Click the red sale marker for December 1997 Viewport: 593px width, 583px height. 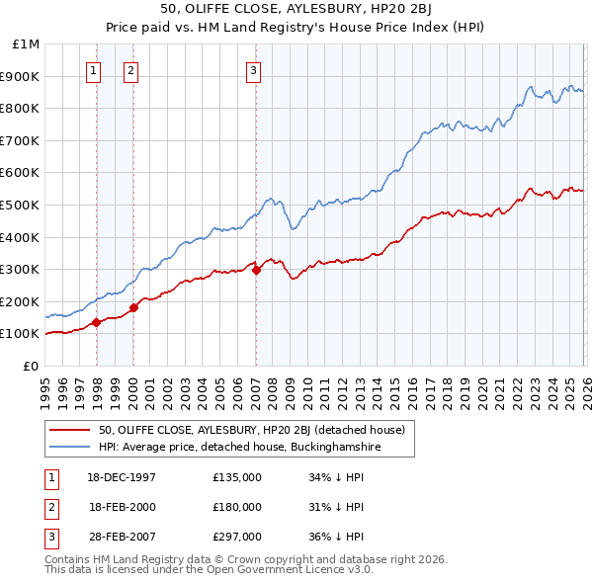point(96,322)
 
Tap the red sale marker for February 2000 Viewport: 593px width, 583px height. point(133,307)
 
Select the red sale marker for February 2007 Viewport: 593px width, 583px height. point(256,270)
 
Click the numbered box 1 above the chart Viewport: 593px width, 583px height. point(94,70)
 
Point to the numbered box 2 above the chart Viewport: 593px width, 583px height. point(131,70)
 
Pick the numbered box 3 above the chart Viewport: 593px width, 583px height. point(254,70)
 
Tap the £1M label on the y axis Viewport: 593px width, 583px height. point(27,44)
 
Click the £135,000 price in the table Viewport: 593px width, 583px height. point(236,477)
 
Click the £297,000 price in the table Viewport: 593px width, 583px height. point(236,537)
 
